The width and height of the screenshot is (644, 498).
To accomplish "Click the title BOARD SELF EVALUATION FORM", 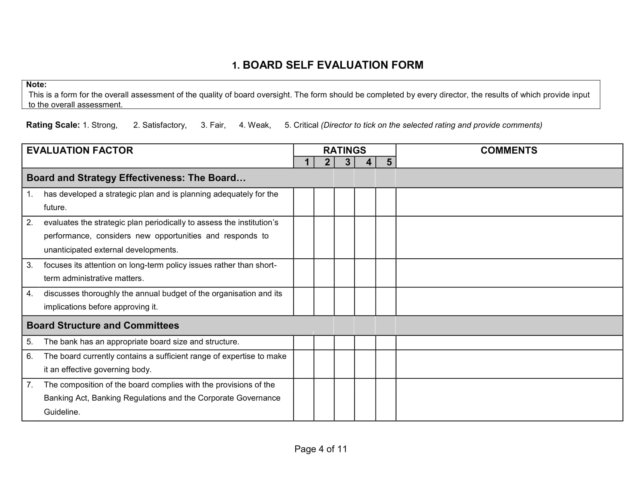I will pos(327,65).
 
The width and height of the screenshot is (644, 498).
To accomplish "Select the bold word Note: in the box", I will pos(36,85).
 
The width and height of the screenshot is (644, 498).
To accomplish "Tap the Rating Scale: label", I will pos(53,125).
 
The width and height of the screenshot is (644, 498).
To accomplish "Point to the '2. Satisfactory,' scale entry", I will pos(160,125).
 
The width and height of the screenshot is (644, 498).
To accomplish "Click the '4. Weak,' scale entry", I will pos(255,125).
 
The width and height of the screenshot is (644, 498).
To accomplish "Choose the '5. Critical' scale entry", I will pos(301,125).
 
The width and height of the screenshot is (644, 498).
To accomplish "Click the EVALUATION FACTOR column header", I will pos(80,151).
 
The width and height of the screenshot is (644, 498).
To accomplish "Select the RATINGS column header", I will pos(345,151).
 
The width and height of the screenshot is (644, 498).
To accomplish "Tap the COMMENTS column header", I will pos(509,151).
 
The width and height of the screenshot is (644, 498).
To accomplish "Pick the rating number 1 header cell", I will pos(304,162).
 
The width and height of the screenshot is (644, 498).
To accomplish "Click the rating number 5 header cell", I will pos(386,162).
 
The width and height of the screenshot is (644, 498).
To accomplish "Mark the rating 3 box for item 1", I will pos(345,202).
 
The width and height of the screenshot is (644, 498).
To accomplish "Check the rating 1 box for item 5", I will pos(304,342).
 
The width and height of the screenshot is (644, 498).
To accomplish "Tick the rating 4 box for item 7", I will pos(365,400).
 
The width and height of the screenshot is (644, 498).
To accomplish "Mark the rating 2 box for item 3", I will pos(324,273).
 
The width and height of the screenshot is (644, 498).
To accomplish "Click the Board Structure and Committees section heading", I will pos(103,325).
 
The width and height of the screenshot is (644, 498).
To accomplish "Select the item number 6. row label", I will pos(30,357).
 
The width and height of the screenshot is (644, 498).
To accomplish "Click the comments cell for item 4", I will pos(509,301).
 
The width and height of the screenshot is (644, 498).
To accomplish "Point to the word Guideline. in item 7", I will pos(62,412).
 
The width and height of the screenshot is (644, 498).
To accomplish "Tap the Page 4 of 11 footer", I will pos(321,449).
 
